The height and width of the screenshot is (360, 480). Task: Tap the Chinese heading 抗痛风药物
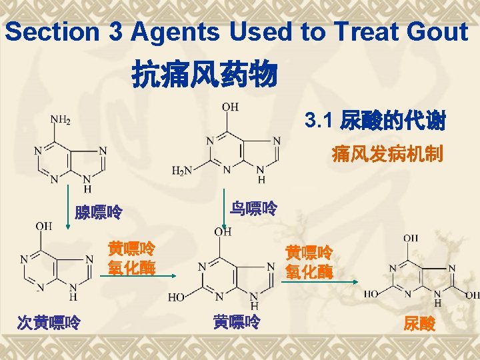coord(205,74)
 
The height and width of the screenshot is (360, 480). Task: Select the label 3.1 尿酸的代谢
coord(375,121)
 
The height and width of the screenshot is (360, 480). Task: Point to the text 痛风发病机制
coord(387,155)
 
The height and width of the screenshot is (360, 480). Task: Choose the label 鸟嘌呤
coord(253,209)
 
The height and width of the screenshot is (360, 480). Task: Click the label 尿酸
coord(419,324)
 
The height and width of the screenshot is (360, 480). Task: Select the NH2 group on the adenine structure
coord(61,120)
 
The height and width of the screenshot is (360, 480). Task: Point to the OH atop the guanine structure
coord(230,107)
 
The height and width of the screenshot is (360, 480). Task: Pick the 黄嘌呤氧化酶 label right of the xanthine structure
coord(309,262)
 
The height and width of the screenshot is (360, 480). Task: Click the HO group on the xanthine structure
coord(177,297)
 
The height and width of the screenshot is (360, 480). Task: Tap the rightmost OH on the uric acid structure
coord(472,295)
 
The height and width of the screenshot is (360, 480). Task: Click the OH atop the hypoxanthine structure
coord(43,227)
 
